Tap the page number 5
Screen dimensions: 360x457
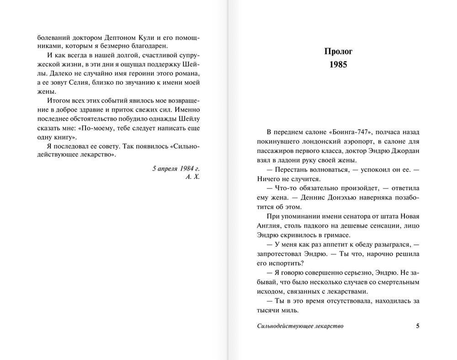(x=417, y=326)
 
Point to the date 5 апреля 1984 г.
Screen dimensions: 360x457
(x=176, y=168)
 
